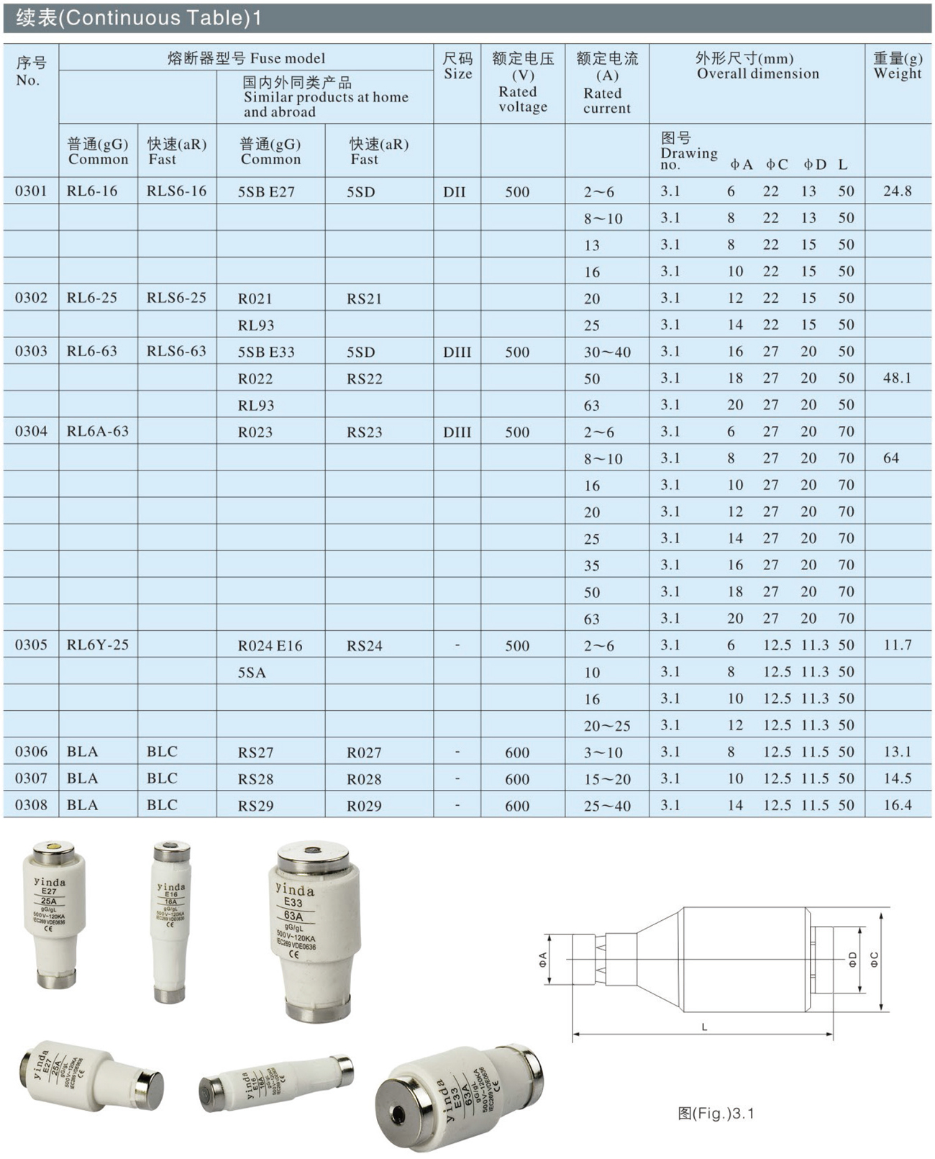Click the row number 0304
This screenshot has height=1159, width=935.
click(x=31, y=432)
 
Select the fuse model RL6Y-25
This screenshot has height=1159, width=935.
click(x=98, y=645)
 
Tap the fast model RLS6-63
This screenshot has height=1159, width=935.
click(x=177, y=351)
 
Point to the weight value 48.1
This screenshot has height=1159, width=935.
click(x=898, y=378)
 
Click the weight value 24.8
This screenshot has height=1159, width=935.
click(x=898, y=191)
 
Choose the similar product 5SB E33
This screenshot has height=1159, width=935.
click(x=266, y=353)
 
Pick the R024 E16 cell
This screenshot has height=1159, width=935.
click(x=270, y=646)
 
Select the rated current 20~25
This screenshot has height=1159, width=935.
click(x=607, y=726)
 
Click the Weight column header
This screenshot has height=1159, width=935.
click(x=898, y=65)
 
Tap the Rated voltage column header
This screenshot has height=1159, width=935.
click(x=522, y=83)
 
